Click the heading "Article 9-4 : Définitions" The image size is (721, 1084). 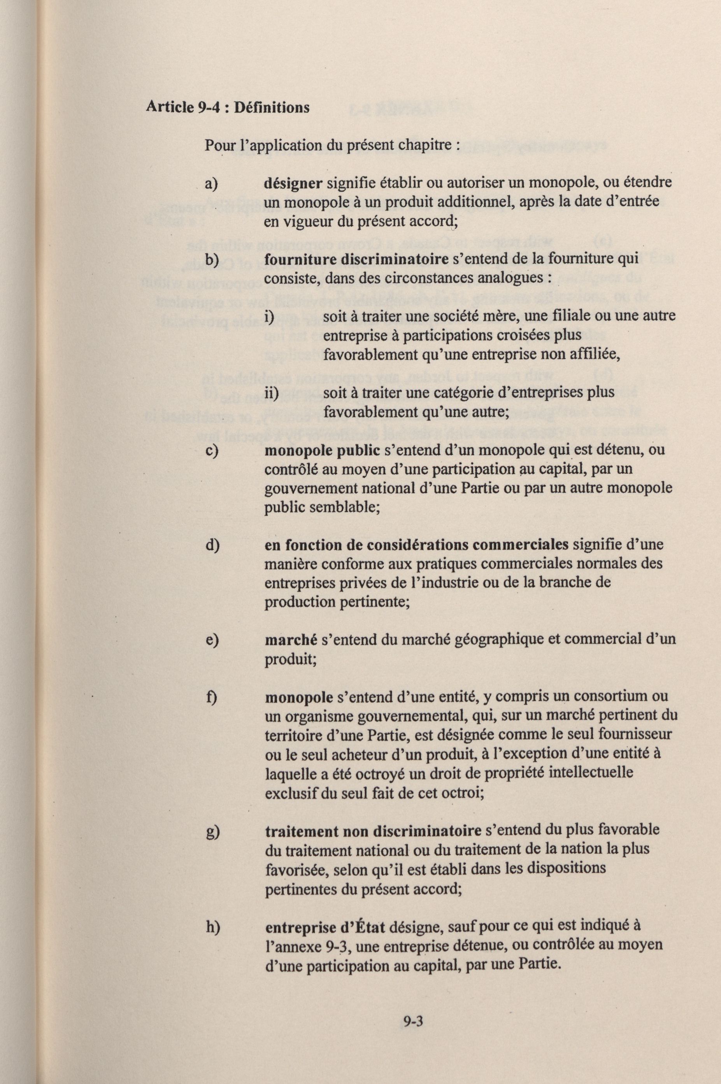click(x=227, y=107)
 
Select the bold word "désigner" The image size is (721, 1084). click(x=293, y=183)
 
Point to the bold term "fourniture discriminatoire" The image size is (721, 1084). click(x=356, y=259)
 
